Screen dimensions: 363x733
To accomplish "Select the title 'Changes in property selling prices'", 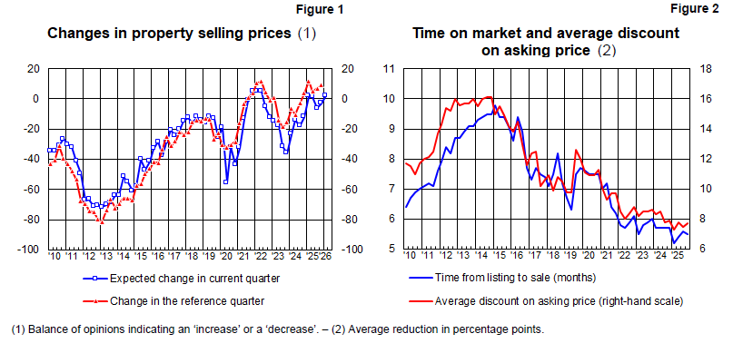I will (170, 34).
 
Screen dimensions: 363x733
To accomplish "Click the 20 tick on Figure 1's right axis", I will (349, 69).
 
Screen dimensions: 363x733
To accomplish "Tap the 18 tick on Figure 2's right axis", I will (704, 69).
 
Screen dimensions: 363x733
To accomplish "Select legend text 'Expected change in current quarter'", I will (195, 279).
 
